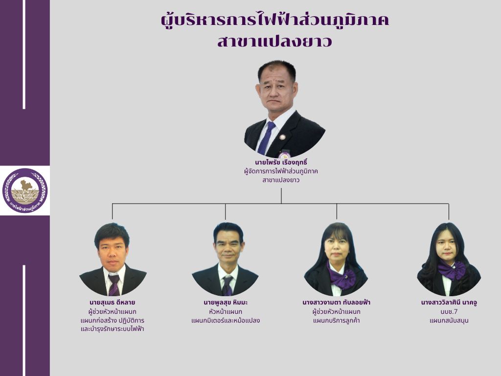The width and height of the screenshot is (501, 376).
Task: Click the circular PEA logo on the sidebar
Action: (25, 191)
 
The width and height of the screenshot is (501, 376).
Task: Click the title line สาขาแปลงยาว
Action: (275, 42)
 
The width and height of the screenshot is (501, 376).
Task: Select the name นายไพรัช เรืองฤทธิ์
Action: (281, 163)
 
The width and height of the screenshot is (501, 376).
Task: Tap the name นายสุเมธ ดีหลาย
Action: (112, 303)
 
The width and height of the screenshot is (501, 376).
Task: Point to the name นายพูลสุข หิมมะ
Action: (226, 303)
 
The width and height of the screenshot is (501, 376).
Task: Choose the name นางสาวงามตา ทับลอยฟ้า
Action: (337, 303)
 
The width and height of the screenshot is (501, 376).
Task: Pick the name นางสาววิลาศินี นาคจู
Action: (449, 303)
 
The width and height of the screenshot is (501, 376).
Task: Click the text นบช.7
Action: (449, 312)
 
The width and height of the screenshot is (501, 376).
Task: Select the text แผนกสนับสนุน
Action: (449, 321)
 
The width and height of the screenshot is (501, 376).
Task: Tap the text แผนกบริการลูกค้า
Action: (337, 321)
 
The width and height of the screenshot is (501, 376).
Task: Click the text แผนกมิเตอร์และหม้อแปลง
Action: (226, 321)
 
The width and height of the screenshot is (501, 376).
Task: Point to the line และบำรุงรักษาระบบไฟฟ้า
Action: (112, 329)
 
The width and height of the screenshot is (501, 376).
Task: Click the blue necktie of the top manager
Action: (267, 138)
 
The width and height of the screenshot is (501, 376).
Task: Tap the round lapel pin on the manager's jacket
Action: (282, 137)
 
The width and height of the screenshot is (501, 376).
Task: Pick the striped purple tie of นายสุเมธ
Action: (114, 285)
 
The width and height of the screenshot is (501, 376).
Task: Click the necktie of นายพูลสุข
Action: (227, 285)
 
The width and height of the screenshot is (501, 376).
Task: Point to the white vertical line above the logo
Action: (24, 54)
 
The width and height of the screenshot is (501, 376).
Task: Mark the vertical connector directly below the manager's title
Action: (281, 196)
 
